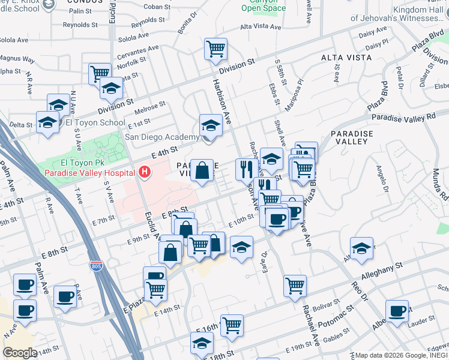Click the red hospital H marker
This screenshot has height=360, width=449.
pyautogui.click(x=144, y=173)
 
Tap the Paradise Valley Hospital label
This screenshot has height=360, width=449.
pyautogui.click(x=89, y=173)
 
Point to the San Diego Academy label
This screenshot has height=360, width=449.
pyautogui.click(x=161, y=137)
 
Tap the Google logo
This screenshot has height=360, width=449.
pyautogui.click(x=20, y=352)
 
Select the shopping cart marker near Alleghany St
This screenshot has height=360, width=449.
pyautogui.click(x=295, y=286)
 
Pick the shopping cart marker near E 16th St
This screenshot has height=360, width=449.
pyautogui.click(x=232, y=325)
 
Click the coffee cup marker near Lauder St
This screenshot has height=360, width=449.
pyautogui.click(x=397, y=311)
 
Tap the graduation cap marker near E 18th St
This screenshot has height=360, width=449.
pyautogui.click(x=202, y=343)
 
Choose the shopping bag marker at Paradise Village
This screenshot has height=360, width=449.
pyautogui.click(x=202, y=170)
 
